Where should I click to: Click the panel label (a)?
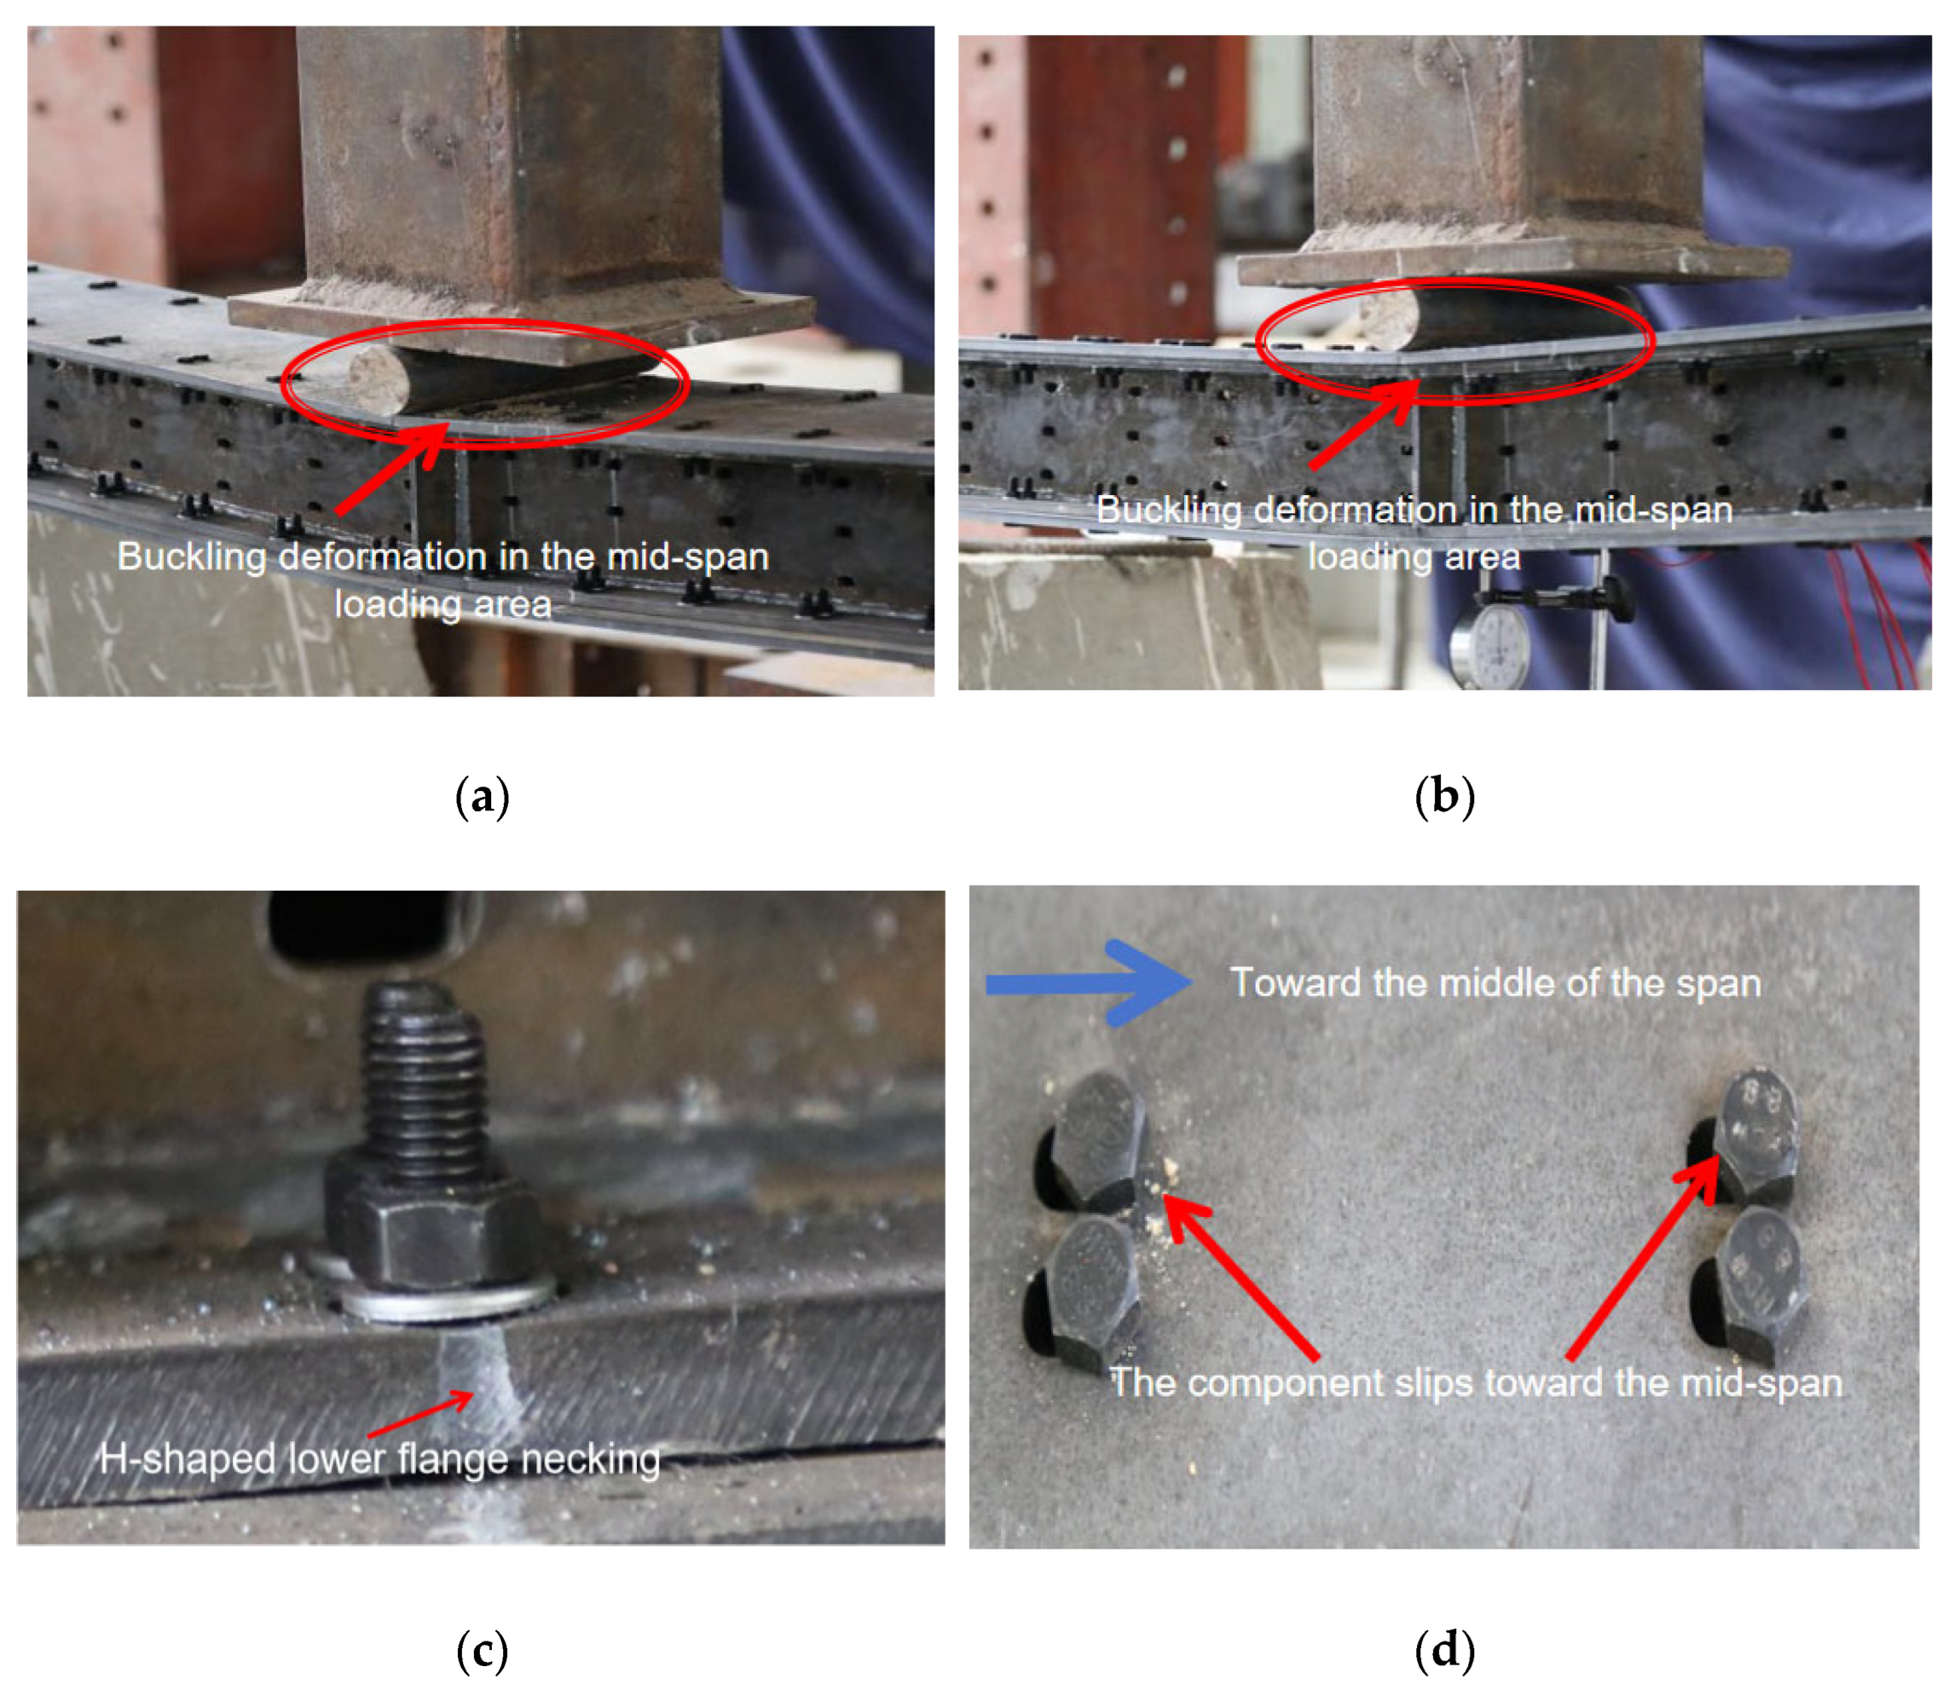click(483, 797)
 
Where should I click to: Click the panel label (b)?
click(1444, 797)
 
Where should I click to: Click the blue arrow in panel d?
click(1088, 983)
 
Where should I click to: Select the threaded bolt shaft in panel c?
click(423, 1078)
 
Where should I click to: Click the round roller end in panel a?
click(379, 379)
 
